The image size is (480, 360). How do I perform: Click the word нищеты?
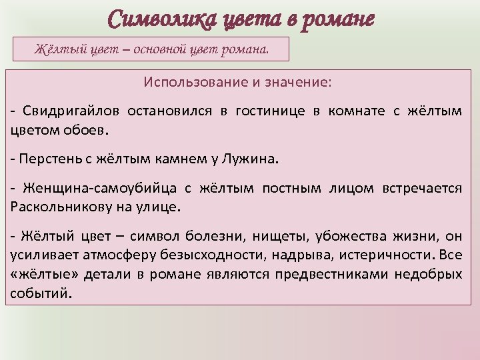click(279, 238)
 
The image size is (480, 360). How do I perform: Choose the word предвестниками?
click(331, 275)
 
